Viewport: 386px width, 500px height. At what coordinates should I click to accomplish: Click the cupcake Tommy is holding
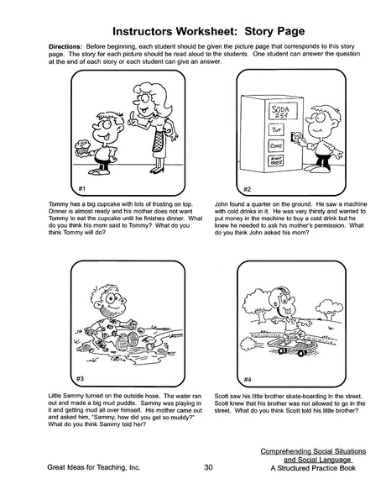pos(82,147)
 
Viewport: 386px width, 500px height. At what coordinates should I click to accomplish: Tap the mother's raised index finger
pos(130,121)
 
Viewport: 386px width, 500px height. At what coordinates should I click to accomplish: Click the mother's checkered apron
pos(158,141)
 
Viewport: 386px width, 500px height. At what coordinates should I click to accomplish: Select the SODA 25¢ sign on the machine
pos(283,110)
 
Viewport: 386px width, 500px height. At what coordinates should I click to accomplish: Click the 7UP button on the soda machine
pos(276,129)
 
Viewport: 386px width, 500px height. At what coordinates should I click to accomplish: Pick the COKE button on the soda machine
pos(276,145)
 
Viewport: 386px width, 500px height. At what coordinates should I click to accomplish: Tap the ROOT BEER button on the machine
pos(275,161)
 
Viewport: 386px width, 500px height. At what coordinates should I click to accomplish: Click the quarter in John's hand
pos(297,137)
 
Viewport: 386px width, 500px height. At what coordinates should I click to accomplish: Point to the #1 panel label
pos(82,188)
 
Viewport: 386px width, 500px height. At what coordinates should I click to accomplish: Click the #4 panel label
pos(248,379)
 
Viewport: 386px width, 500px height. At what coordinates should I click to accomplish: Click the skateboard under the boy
pos(291,346)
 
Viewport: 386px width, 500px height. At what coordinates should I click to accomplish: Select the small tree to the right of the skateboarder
pos(329,309)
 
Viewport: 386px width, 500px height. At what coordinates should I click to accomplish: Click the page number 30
pos(208,467)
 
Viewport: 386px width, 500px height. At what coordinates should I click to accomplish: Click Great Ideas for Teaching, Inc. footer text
pos(94,467)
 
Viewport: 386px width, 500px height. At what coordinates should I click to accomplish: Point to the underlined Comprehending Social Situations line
pos(313,451)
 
